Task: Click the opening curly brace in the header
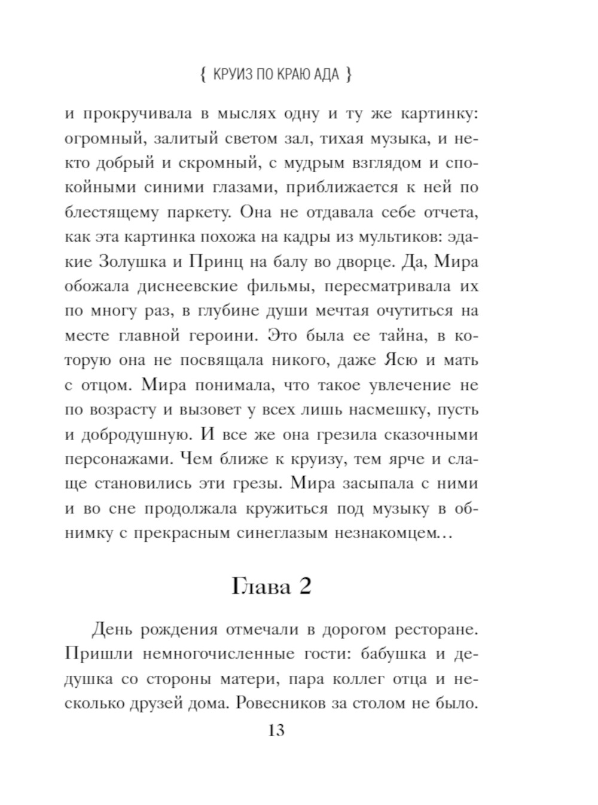(203, 75)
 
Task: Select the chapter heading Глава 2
(272, 587)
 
